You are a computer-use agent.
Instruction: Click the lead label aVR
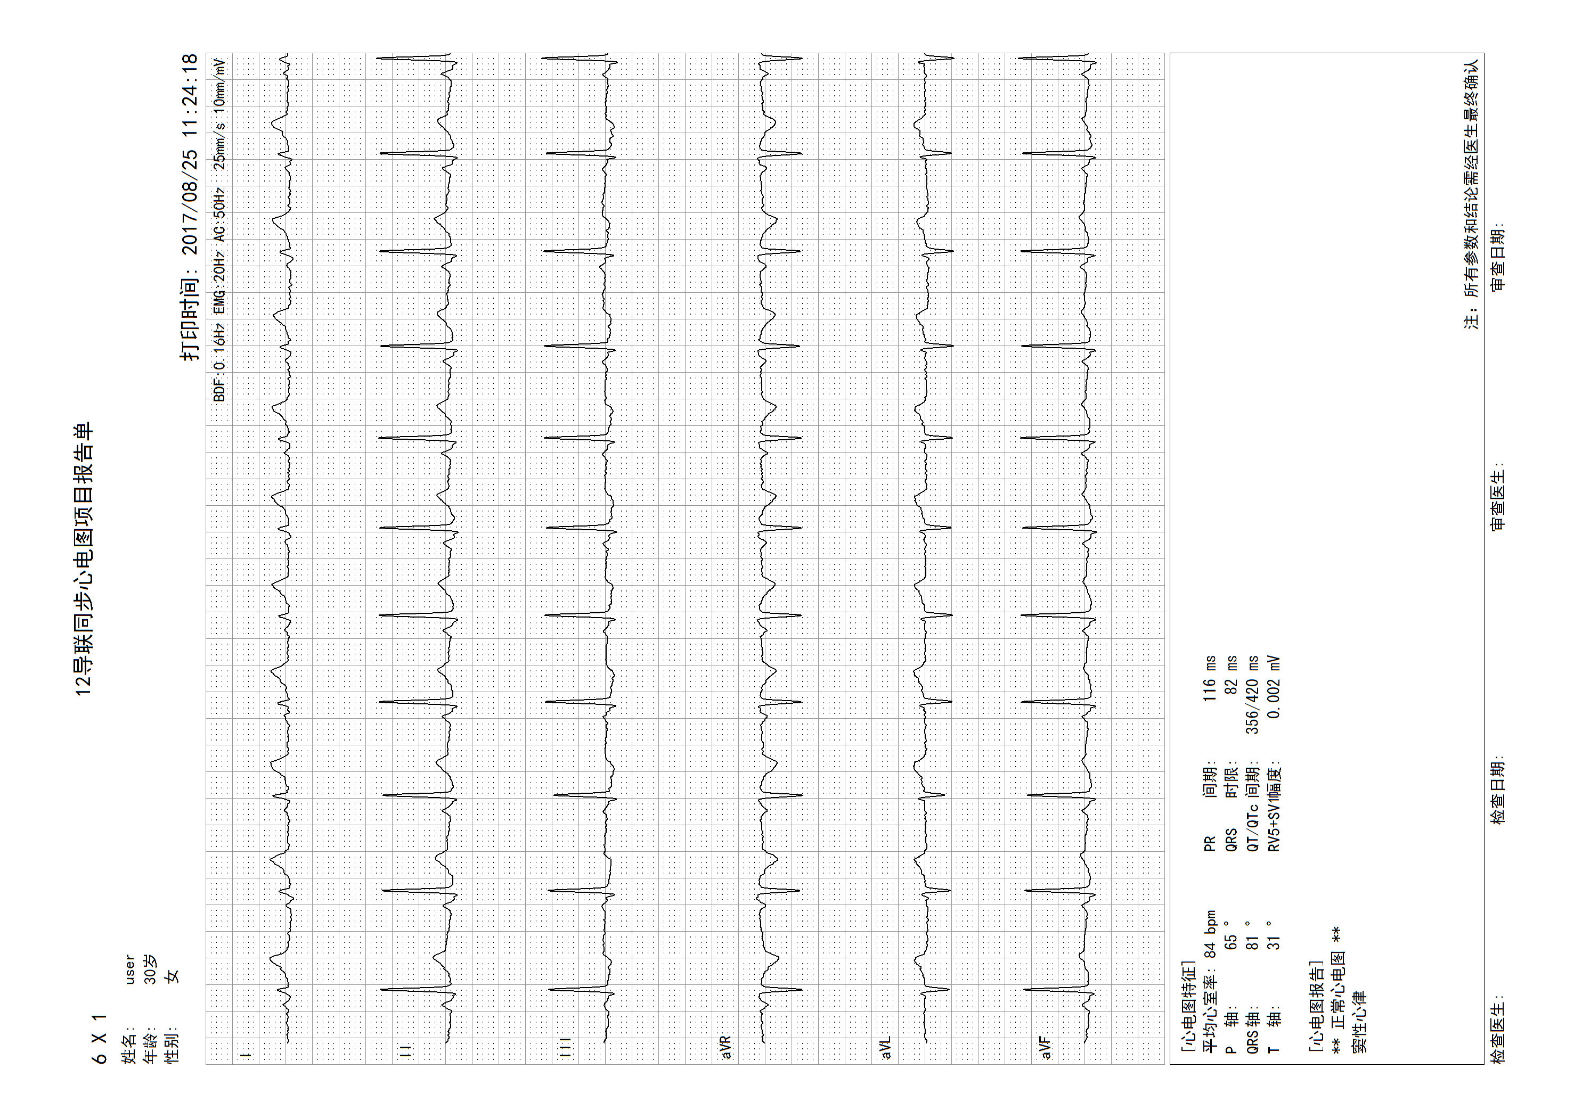click(x=725, y=1047)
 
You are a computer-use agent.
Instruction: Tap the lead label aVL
click(x=886, y=1047)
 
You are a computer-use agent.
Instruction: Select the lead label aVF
click(x=1046, y=1047)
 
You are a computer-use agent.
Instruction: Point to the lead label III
click(x=566, y=1047)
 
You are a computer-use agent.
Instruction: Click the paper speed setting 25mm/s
click(x=219, y=146)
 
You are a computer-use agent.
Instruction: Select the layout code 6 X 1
click(x=101, y=1039)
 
